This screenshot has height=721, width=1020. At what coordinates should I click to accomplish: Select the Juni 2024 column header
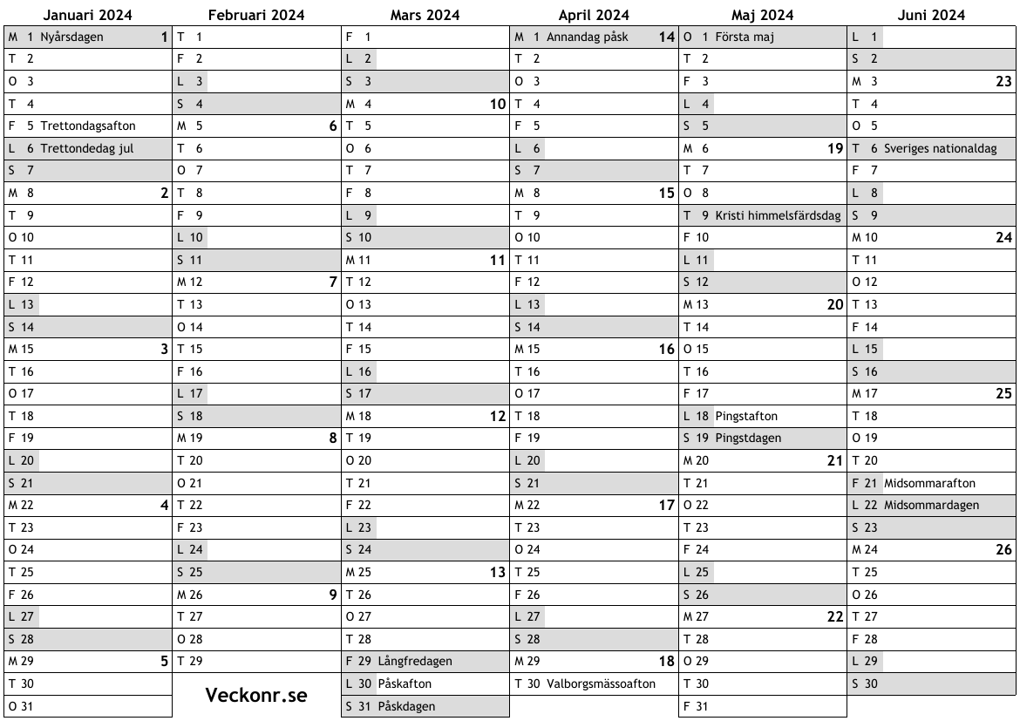click(x=931, y=15)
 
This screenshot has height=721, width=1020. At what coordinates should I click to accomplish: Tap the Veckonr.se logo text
click(x=256, y=695)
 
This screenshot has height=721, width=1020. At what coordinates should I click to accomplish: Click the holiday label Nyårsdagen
click(x=71, y=37)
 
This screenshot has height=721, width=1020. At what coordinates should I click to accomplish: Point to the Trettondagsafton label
click(x=88, y=126)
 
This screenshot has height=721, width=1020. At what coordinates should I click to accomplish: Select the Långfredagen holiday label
click(x=415, y=661)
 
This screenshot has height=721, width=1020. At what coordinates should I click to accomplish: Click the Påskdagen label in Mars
click(x=406, y=706)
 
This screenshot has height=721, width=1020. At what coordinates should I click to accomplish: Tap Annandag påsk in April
click(x=587, y=37)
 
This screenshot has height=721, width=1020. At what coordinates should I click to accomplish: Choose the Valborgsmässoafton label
click(x=601, y=684)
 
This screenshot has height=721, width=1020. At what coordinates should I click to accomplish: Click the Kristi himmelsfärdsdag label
click(x=779, y=215)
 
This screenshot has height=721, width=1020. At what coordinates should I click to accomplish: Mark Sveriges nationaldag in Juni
click(x=940, y=148)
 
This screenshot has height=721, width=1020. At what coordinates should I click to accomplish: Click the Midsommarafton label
click(x=929, y=483)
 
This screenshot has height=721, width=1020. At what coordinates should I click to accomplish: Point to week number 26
click(x=1003, y=550)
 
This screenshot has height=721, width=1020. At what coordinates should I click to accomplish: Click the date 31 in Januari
click(x=26, y=706)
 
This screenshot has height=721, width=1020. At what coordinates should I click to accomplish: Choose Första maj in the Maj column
click(x=745, y=37)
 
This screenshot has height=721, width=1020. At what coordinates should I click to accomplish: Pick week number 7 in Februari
click(x=333, y=282)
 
